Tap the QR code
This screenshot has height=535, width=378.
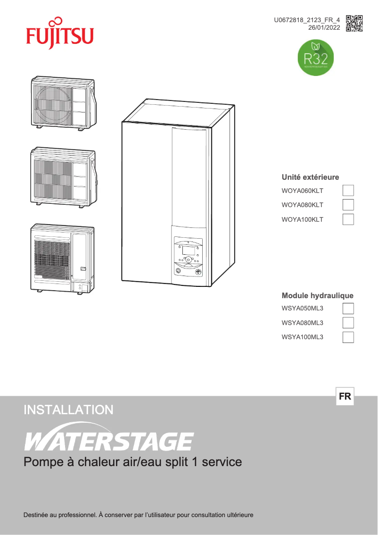pyautogui.click(x=354, y=23)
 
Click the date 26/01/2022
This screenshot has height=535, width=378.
pyautogui.click(x=324, y=28)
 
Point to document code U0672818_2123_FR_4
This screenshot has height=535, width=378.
pyautogui.click(x=307, y=20)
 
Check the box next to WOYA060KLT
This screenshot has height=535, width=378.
pyautogui.click(x=348, y=191)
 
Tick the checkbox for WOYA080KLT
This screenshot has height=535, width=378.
pyautogui.click(x=348, y=205)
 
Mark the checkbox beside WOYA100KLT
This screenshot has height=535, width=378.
pyautogui.click(x=348, y=219)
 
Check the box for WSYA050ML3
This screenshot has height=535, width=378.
pyautogui.click(x=348, y=309)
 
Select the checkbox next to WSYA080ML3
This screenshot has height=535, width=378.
pyautogui.click(x=348, y=323)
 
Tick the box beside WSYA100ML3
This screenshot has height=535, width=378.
pyautogui.click(x=348, y=337)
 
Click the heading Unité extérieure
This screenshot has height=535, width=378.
pyautogui.click(x=310, y=177)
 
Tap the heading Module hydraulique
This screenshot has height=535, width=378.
pyautogui.click(x=317, y=296)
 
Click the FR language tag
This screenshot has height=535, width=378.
pyautogui.click(x=345, y=397)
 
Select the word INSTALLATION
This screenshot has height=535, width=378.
pyautogui.click(x=68, y=410)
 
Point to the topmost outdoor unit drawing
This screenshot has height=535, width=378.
pyautogui.click(x=63, y=102)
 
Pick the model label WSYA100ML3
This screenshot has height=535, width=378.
pyautogui.click(x=302, y=337)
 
